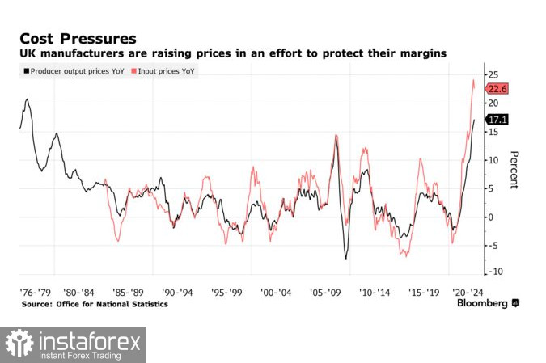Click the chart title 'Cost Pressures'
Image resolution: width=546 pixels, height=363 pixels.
(x=78, y=37)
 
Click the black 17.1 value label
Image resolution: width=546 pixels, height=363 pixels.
(x=496, y=120)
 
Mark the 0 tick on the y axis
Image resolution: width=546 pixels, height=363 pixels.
(x=490, y=217)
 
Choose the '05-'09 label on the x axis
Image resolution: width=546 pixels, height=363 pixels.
(x=329, y=289)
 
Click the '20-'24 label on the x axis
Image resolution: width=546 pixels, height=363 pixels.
(x=467, y=289)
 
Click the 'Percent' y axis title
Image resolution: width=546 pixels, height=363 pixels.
(x=513, y=170)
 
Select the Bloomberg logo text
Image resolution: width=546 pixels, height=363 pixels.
(x=482, y=303)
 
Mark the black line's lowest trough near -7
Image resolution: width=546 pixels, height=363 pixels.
(x=346, y=259)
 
